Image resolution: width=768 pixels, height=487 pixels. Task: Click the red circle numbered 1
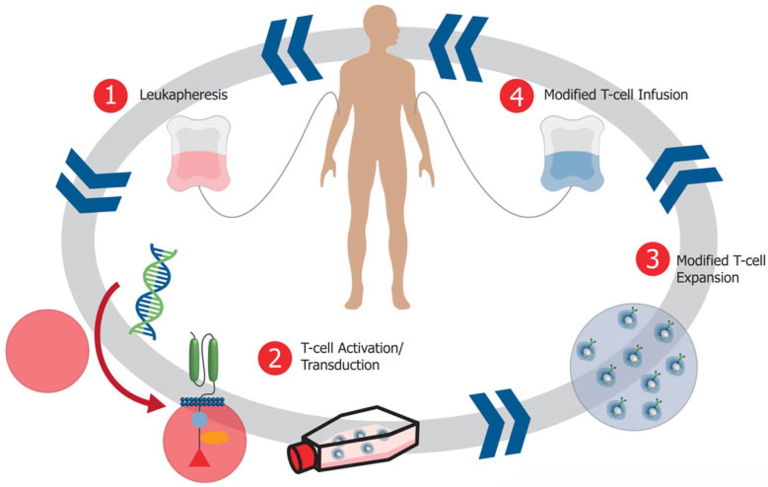[110, 96]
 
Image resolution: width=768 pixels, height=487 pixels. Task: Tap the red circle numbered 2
[275, 358]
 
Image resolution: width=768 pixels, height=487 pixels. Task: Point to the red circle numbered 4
[517, 96]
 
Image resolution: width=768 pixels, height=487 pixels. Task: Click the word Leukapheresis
[183, 95]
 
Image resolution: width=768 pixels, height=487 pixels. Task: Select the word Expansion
[707, 277]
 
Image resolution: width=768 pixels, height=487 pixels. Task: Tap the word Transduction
[340, 365]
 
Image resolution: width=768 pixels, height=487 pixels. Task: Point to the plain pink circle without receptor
[47, 351]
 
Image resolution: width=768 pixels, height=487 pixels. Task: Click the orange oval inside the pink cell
[214, 438]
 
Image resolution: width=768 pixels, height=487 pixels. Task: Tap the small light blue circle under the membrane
[199, 420]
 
